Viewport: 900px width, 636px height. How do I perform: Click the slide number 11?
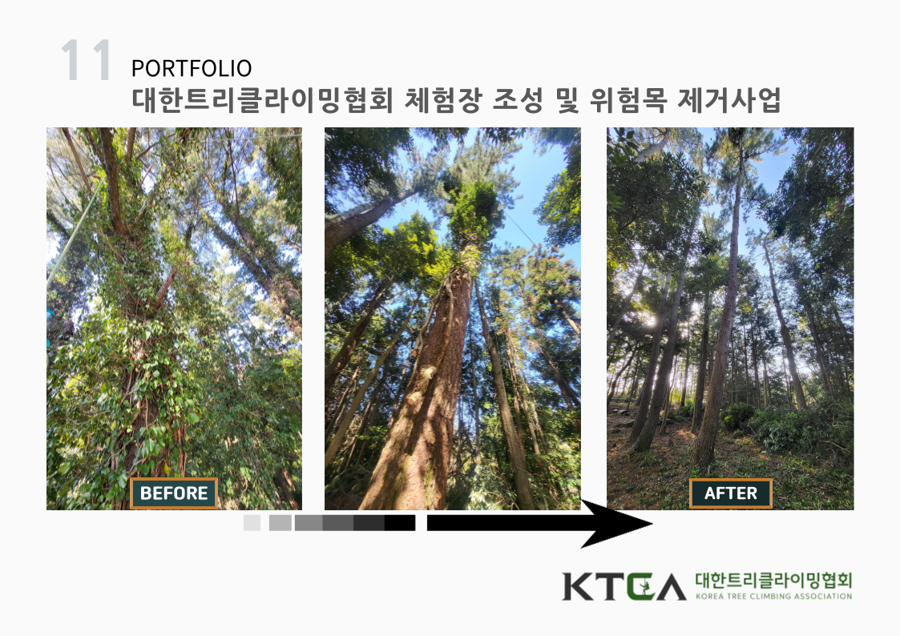(x=86, y=59)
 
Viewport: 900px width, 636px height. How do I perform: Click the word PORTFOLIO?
(x=192, y=69)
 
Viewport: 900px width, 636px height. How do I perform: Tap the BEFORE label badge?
(x=174, y=493)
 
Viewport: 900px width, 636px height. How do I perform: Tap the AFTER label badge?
(x=731, y=493)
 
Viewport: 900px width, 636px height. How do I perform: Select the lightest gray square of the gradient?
(x=252, y=522)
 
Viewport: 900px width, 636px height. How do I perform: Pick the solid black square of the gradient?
(x=399, y=522)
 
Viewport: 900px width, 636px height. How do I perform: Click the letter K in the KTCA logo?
(x=577, y=586)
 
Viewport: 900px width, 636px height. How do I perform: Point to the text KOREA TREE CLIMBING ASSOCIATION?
(x=773, y=597)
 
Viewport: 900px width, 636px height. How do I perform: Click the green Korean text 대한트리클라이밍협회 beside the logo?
(x=773, y=581)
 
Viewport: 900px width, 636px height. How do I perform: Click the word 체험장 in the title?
(x=442, y=100)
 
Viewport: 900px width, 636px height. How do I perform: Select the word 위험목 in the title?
(x=628, y=100)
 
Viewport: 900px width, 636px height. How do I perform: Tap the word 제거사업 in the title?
(x=729, y=100)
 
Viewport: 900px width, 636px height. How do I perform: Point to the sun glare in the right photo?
(x=650, y=321)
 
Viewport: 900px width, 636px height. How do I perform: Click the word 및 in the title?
(x=566, y=100)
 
